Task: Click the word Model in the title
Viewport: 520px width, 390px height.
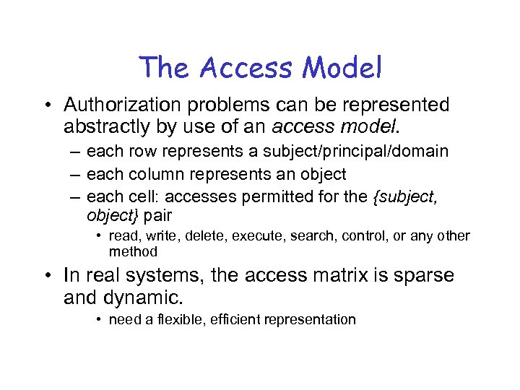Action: coord(342,68)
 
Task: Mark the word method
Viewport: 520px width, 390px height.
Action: coord(132,251)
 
